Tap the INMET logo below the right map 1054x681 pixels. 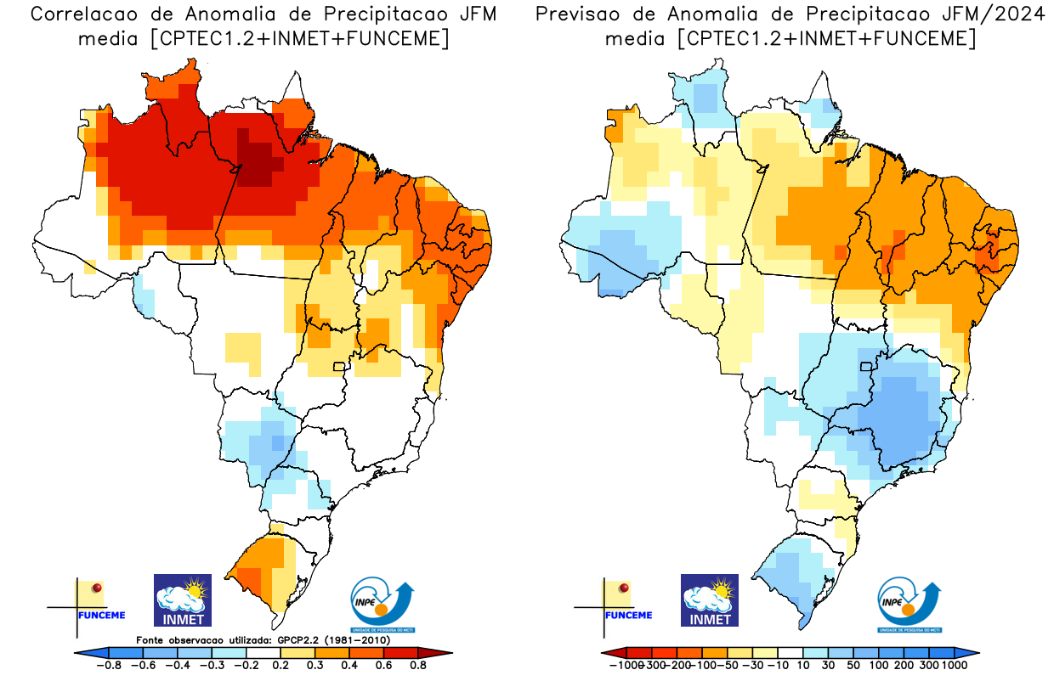710,600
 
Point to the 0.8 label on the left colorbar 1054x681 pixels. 417,666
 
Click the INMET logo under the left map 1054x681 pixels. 182,600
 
